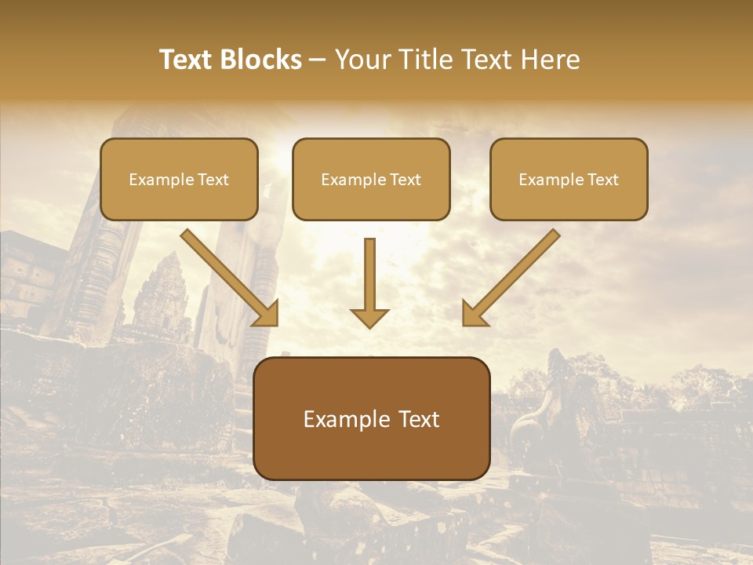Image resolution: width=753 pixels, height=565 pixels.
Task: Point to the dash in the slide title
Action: coord(318,60)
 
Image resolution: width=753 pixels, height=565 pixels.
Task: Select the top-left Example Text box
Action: coord(179,179)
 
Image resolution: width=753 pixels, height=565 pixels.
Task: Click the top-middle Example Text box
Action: coord(371,179)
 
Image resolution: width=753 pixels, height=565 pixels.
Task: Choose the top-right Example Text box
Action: coord(569,179)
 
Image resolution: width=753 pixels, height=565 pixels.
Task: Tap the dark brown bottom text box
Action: coord(372,418)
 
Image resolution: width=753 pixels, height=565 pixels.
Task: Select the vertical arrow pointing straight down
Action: coord(370,279)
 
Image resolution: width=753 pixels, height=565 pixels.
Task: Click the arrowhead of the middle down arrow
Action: coord(370,317)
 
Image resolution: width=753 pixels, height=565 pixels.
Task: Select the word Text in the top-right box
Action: coord(602,180)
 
